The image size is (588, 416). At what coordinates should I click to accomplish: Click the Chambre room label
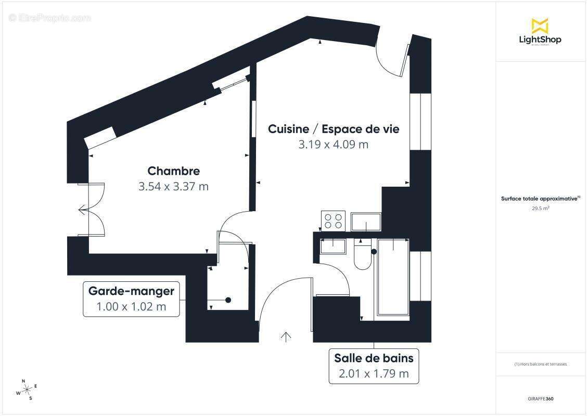[x=173, y=171]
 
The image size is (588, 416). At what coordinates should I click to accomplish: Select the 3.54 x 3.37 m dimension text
[x=173, y=186]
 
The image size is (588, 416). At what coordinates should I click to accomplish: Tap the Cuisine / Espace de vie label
[x=334, y=129]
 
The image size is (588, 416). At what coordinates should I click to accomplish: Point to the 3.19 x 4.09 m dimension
[x=333, y=144]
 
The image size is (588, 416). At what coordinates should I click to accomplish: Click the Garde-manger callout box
[x=131, y=299]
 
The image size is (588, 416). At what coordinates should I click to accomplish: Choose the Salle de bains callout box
[x=374, y=366]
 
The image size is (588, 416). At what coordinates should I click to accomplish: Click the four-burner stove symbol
[x=334, y=220]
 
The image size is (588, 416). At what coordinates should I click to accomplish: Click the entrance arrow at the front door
[x=286, y=336]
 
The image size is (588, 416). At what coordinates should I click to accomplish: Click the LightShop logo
[x=540, y=32]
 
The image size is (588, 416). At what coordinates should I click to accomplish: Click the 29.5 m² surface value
[x=540, y=208]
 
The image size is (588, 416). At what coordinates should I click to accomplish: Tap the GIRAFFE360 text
[x=540, y=399]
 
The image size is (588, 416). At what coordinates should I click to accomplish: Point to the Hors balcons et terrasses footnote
[x=540, y=364]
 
